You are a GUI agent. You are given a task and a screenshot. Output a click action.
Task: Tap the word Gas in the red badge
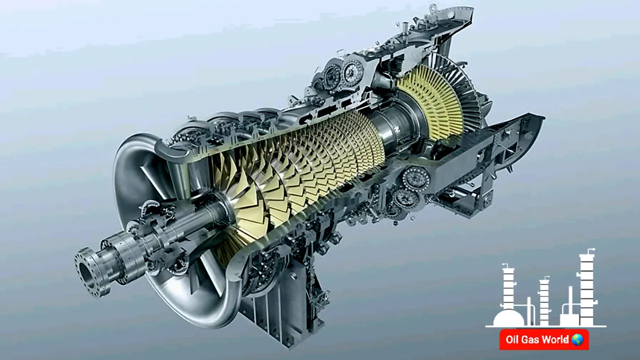[530, 339]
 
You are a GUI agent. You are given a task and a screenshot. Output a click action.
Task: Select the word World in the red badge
[555, 339]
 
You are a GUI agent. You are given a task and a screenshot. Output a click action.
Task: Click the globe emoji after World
[577, 339]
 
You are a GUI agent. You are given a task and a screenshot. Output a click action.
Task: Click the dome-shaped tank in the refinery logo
[508, 318]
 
